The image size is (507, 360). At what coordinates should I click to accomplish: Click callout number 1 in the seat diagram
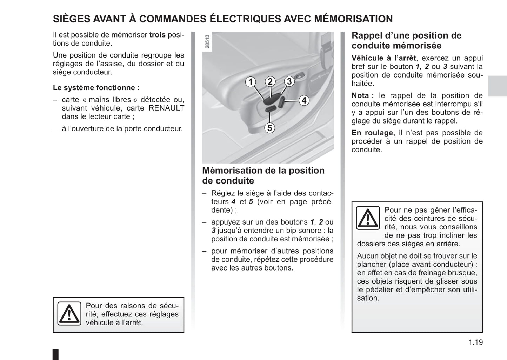pyautogui.click(x=250, y=82)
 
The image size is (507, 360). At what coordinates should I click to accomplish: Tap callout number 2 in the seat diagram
pyautogui.click(x=270, y=81)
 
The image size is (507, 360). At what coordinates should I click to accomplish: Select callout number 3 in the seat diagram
pyautogui.click(x=289, y=81)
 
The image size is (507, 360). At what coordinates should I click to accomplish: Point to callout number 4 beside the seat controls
pyautogui.click(x=304, y=100)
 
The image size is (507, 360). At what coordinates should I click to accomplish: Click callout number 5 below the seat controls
pyautogui.click(x=269, y=128)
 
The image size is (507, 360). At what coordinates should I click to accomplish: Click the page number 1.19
pyautogui.click(x=475, y=342)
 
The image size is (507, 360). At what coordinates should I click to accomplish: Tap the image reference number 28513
pyautogui.click(x=207, y=41)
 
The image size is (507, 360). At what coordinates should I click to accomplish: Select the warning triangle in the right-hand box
pyautogui.click(x=368, y=218)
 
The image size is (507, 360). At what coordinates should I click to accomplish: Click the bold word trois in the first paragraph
pyautogui.click(x=157, y=35)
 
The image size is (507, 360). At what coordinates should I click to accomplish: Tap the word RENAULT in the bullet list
pyautogui.click(x=166, y=108)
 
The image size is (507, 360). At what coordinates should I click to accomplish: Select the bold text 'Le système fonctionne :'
pyautogui.click(x=96, y=88)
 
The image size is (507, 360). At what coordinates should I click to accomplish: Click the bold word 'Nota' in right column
pyautogui.click(x=360, y=95)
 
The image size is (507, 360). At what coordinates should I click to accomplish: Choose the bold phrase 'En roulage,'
pyautogui.click(x=373, y=133)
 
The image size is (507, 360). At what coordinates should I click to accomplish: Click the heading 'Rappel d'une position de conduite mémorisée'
pyautogui.click(x=406, y=40)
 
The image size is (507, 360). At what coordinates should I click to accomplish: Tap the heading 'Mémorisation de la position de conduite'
pyautogui.click(x=263, y=175)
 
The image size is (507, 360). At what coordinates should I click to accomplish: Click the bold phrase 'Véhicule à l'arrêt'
pyautogui.click(x=384, y=58)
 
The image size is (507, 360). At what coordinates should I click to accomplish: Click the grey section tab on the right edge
pyautogui.click(x=497, y=86)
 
